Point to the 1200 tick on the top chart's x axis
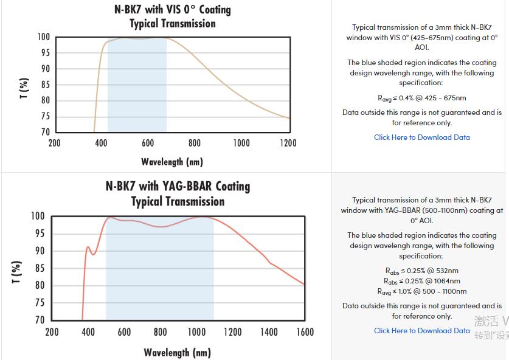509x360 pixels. tap(288, 143)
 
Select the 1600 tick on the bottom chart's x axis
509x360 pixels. tap(305, 332)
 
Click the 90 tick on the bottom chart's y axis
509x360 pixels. tap(39, 251)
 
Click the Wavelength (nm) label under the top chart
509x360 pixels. tap(172, 162)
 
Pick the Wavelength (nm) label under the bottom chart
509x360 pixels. tap(177, 352)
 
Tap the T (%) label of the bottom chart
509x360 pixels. tap(17, 272)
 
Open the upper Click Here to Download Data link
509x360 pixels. tap(421, 137)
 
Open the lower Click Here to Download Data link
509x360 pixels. tap(421, 331)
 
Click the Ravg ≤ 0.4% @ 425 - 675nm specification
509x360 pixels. tap(421, 98)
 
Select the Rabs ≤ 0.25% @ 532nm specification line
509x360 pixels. tap(421, 271)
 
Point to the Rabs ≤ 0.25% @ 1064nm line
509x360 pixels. tap(421, 281)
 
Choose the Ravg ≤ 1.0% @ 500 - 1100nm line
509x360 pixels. tap(421, 291)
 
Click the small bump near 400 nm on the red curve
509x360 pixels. tap(88, 247)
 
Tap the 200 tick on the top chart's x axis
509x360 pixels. tap(54, 143)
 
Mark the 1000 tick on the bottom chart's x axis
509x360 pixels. tap(196, 332)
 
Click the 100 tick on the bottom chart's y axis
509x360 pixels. tap(38, 216)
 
